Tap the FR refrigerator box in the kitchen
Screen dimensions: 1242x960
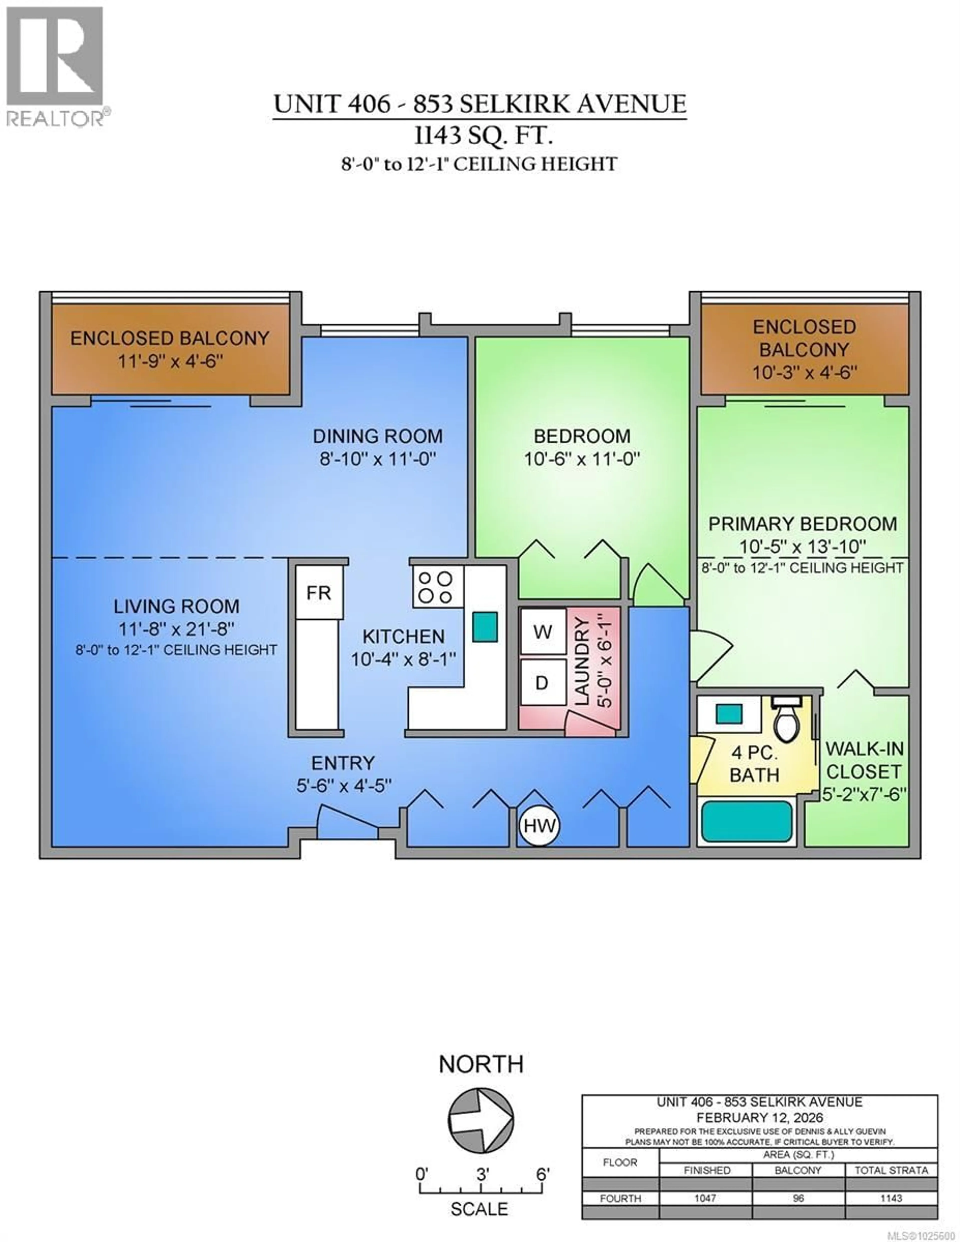(x=319, y=593)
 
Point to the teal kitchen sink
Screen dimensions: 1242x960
(x=485, y=627)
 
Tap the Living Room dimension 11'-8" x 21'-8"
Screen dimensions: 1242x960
(x=176, y=629)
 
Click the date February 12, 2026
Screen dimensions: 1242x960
(x=759, y=1118)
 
